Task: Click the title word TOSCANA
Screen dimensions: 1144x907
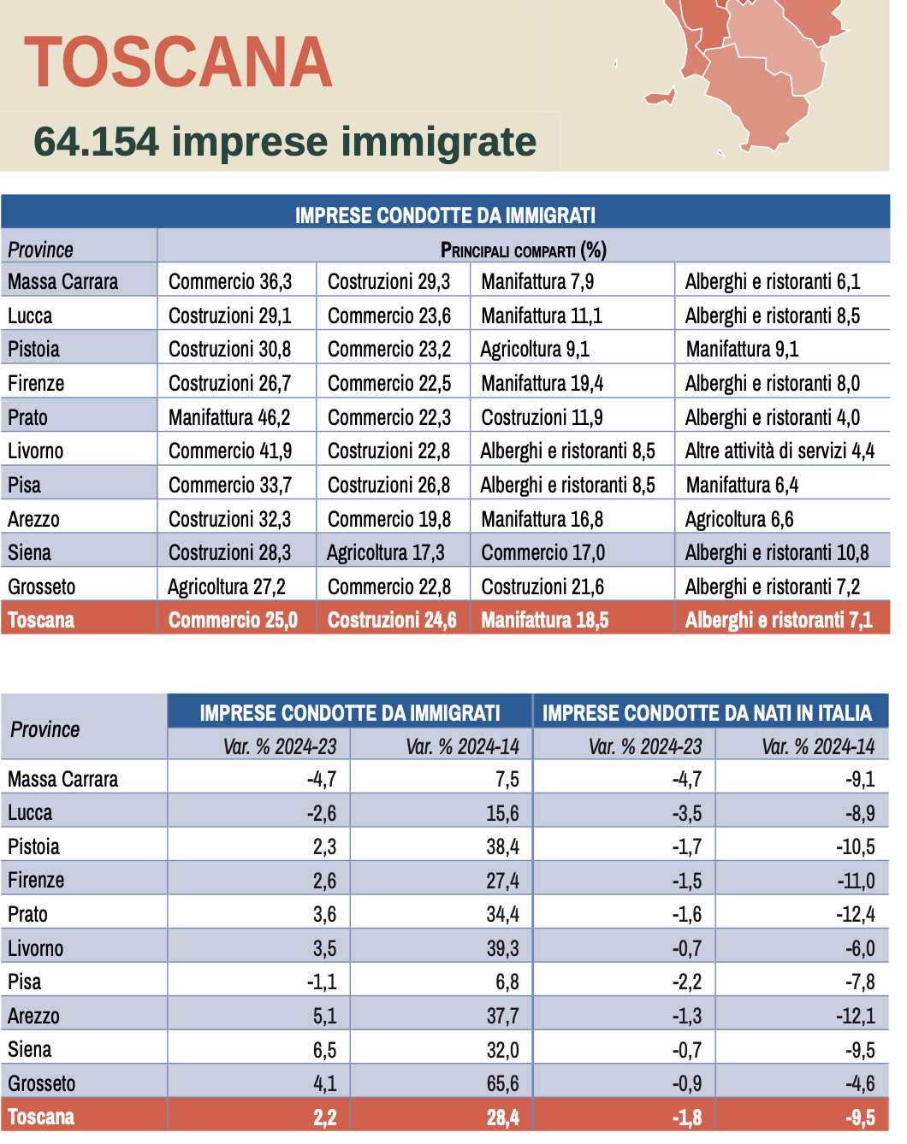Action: (178, 62)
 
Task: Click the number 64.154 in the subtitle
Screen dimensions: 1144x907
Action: (96, 142)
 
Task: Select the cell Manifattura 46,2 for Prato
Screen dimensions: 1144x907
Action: (229, 417)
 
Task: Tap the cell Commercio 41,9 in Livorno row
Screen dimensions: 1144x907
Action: (229, 451)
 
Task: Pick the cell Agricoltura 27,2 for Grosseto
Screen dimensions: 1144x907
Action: (227, 587)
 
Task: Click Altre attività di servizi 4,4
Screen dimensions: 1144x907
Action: (780, 451)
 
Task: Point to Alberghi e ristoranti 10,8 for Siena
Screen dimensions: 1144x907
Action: (776, 552)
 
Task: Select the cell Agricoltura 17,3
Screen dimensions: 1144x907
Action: (386, 552)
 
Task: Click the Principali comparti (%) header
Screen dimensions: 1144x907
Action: (523, 250)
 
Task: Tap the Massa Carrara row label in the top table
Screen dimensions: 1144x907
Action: (63, 281)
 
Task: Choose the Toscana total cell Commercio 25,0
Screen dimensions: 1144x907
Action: (233, 620)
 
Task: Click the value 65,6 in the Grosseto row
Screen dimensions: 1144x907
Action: (502, 1083)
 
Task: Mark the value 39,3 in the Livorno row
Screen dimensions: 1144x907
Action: (502, 948)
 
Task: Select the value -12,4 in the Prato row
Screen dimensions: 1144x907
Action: (856, 914)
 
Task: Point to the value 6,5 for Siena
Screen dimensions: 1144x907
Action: (324, 1050)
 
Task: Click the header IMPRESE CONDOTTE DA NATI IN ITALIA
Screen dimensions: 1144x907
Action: (707, 713)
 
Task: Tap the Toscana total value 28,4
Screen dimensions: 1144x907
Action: (502, 1117)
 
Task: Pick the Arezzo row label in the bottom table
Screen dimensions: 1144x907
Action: (34, 1016)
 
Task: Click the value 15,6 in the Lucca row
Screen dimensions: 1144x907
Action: (502, 813)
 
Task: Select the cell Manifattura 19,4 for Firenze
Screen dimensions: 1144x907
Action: (542, 383)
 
